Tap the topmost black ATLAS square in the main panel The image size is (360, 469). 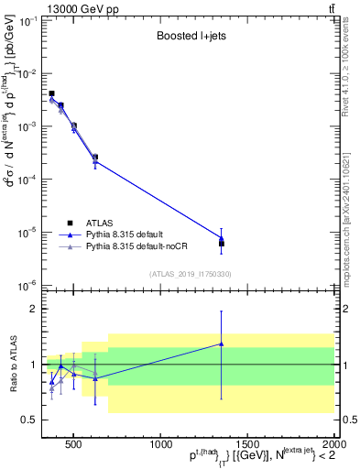click(52, 93)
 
